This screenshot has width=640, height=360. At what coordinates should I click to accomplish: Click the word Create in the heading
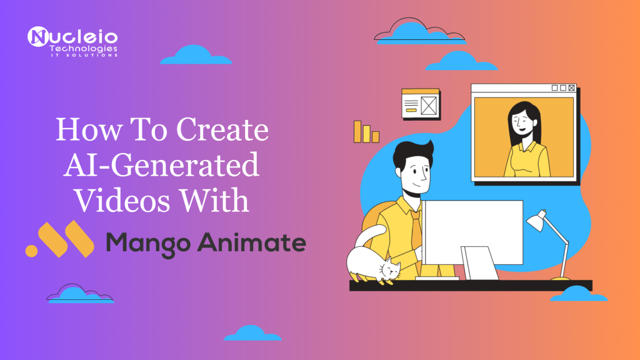(222, 129)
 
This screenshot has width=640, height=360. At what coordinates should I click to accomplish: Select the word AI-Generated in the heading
(161, 165)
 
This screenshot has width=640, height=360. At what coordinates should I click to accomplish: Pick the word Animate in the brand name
(252, 242)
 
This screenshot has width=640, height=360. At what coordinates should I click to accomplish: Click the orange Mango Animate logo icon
(60, 239)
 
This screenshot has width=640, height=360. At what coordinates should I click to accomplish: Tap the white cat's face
(390, 269)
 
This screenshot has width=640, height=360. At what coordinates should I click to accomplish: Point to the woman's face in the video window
(523, 121)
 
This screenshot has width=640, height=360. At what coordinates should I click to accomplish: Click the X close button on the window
(571, 87)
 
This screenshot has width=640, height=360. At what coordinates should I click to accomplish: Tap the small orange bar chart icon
(366, 131)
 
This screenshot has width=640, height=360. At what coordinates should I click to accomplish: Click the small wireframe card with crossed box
(421, 104)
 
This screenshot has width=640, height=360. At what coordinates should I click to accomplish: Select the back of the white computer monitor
(472, 232)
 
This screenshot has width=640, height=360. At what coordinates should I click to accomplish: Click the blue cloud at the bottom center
(252, 333)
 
